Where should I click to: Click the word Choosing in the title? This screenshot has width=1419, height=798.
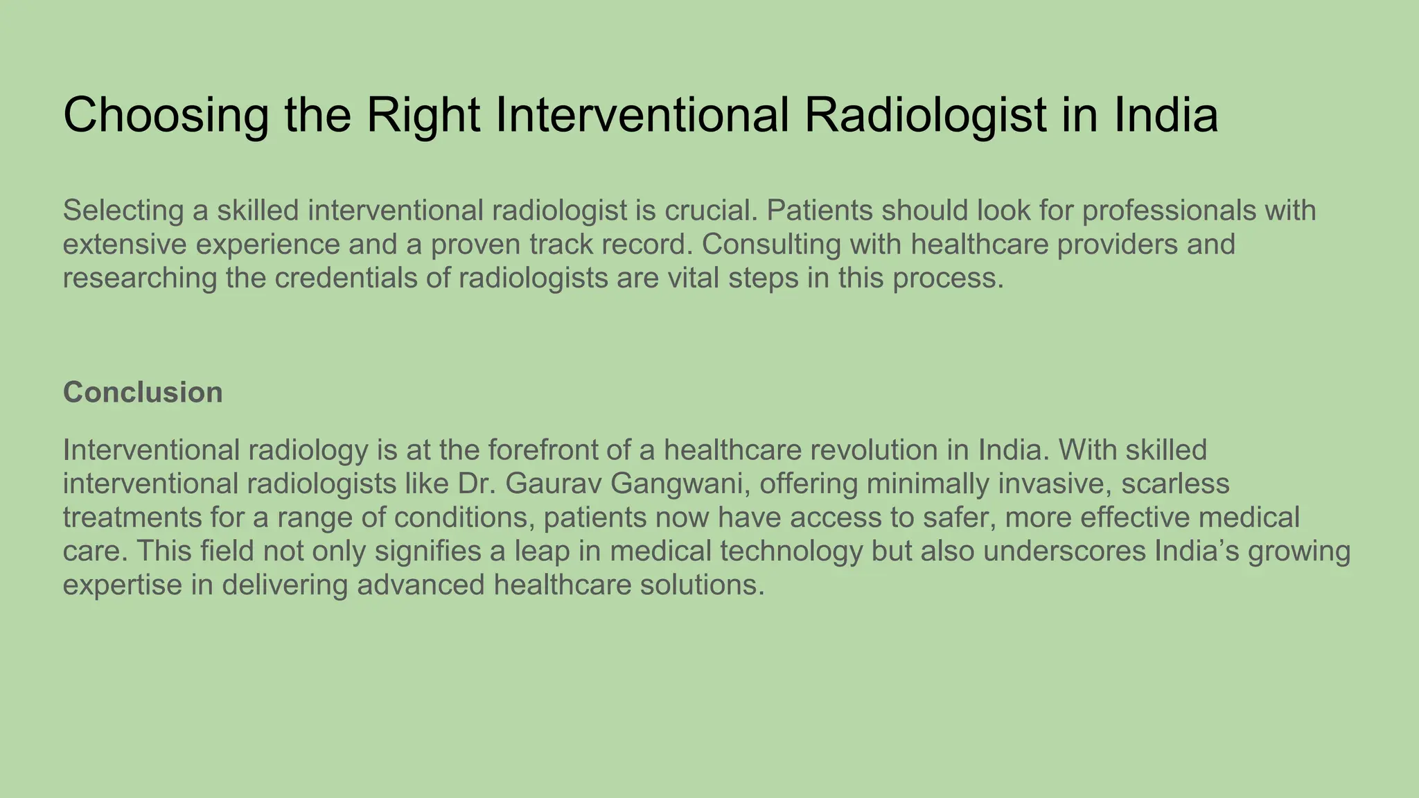click(x=166, y=116)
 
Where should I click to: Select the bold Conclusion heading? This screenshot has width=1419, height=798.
click(x=143, y=393)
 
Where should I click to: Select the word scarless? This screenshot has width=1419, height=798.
click(x=1175, y=484)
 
